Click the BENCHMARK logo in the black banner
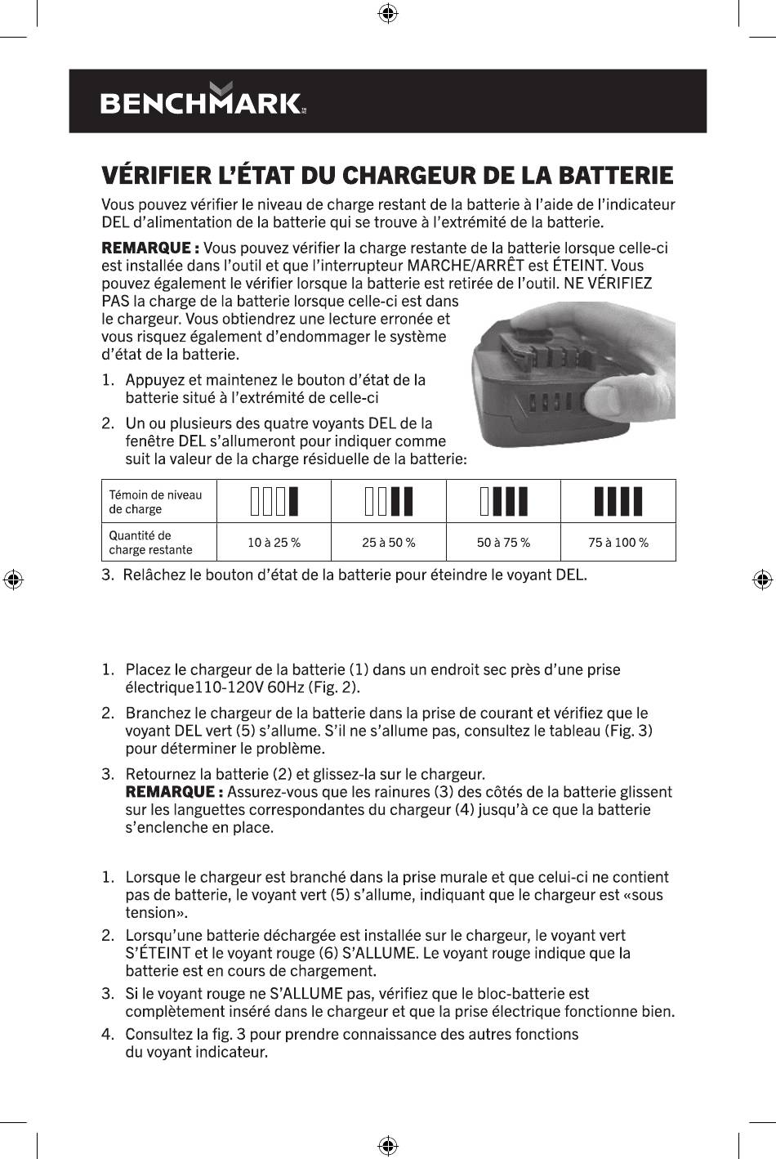203,101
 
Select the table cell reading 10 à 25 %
274,543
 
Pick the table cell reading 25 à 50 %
388,543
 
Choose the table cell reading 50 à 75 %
503,543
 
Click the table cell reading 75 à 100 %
618,543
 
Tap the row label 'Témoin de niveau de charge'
155,502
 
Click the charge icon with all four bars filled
618,502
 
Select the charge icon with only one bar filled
274,502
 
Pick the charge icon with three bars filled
503,502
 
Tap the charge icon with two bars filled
389,502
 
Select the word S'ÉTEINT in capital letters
158,953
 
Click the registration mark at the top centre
389,13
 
